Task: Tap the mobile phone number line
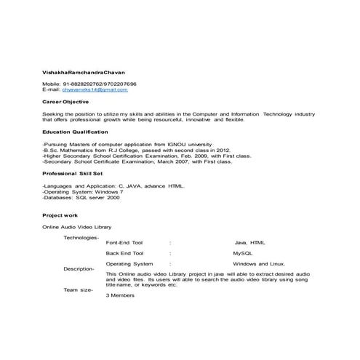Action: [89, 84]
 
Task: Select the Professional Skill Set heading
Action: [73, 175]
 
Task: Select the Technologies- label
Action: [81, 238]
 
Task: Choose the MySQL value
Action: [242, 253]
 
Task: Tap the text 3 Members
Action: [121, 296]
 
